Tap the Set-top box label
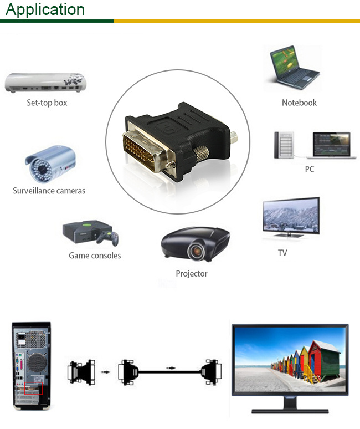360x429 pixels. point(47,103)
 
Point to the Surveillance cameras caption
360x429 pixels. point(49,191)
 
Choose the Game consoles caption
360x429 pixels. point(95,256)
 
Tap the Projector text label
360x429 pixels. point(192,274)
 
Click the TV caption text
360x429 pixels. point(282,253)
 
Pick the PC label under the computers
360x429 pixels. point(310,169)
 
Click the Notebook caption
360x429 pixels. point(299,103)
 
